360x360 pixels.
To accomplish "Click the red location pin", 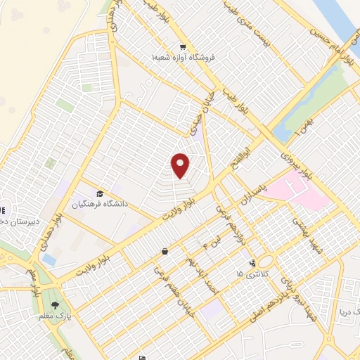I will pyautogui.click(x=181, y=166).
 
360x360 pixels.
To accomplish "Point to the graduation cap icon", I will pyautogui.click(x=100, y=193).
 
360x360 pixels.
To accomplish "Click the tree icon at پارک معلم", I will pyautogui.click(x=55, y=305).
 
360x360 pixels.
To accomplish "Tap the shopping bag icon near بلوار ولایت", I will pyautogui.click(x=164, y=251).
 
